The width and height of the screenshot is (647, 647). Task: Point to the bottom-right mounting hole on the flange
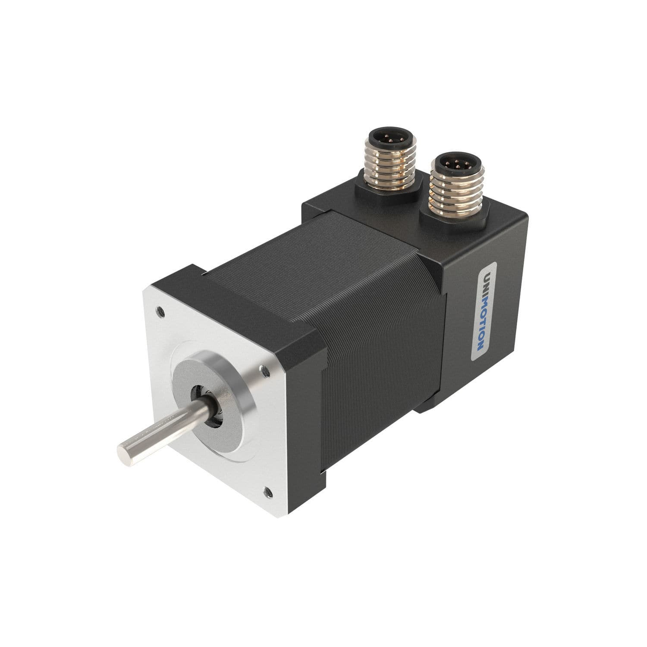tap(267, 490)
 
